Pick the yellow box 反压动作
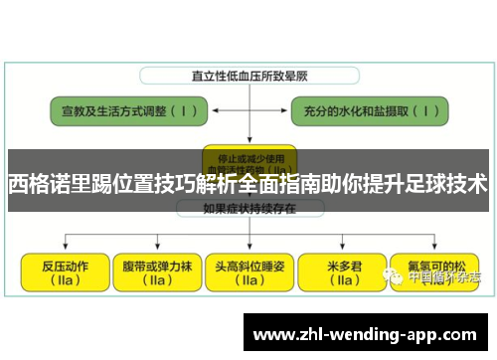pos(65,272)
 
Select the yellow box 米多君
pos(343,272)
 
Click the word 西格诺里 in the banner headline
pos(50,184)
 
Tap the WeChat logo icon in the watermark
pos(396,279)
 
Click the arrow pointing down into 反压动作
pos(65,244)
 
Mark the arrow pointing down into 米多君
pos(343,244)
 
